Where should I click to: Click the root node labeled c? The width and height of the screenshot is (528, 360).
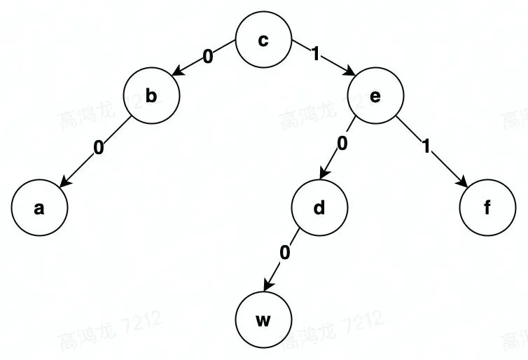[x=263, y=40]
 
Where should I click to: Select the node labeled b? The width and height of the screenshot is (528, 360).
[x=151, y=97]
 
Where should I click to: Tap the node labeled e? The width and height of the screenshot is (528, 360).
[x=375, y=97]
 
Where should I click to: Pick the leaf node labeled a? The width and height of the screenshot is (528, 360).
[x=39, y=208]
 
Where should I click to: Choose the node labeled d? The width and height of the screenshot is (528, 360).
[x=319, y=208]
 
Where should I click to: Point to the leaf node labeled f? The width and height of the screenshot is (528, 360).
[x=487, y=208]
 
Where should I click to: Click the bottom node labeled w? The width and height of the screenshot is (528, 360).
[x=263, y=321]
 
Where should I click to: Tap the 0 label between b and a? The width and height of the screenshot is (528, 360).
[x=98, y=148]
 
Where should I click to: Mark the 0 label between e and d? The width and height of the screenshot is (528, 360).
[x=342, y=144]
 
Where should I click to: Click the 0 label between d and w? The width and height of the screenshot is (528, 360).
[x=284, y=254]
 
